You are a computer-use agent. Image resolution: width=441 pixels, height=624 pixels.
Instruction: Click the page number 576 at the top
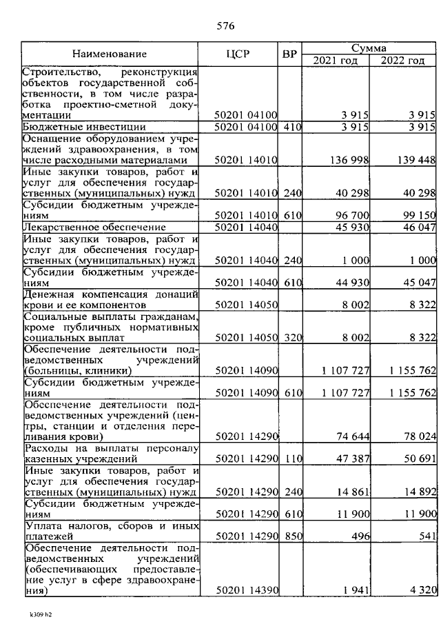pyautogui.click(x=225, y=27)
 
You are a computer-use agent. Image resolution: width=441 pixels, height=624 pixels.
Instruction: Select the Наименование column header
pyautogui.click(x=110, y=54)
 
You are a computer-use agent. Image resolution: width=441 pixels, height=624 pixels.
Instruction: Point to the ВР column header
pyautogui.click(x=290, y=54)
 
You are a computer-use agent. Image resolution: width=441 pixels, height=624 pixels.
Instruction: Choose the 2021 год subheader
pyautogui.click(x=336, y=61)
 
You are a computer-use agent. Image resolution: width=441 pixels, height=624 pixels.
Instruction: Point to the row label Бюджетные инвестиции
pyautogui.click(x=83, y=127)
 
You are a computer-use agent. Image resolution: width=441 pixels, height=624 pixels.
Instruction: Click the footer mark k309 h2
pyautogui.click(x=40, y=613)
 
